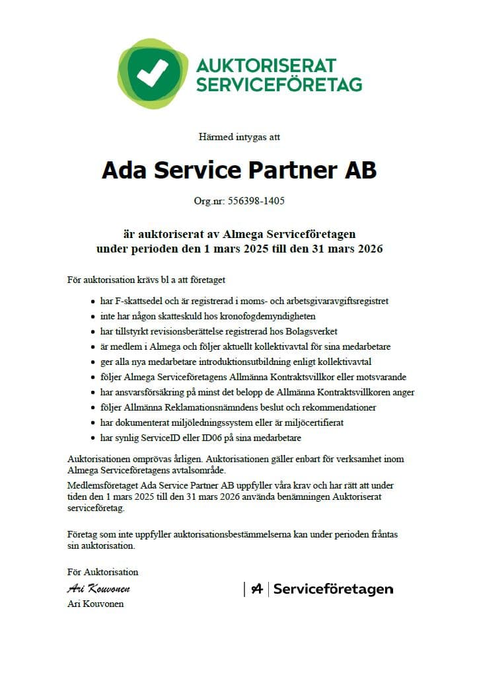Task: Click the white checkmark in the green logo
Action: [x=153, y=73]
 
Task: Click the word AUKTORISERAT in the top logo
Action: [x=266, y=65]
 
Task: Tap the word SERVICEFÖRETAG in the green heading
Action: [x=279, y=85]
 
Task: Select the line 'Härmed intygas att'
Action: [x=239, y=137]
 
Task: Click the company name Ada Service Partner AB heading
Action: [x=239, y=170]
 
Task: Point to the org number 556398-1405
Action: [x=256, y=200]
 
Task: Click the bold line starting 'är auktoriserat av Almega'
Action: [x=239, y=234]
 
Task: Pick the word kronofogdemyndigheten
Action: [x=274, y=316]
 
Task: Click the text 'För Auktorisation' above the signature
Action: [x=102, y=572]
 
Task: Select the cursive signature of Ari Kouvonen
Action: [x=98, y=588]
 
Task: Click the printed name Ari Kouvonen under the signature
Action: [x=95, y=604]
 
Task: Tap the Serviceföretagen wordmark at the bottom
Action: [x=332, y=589]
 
